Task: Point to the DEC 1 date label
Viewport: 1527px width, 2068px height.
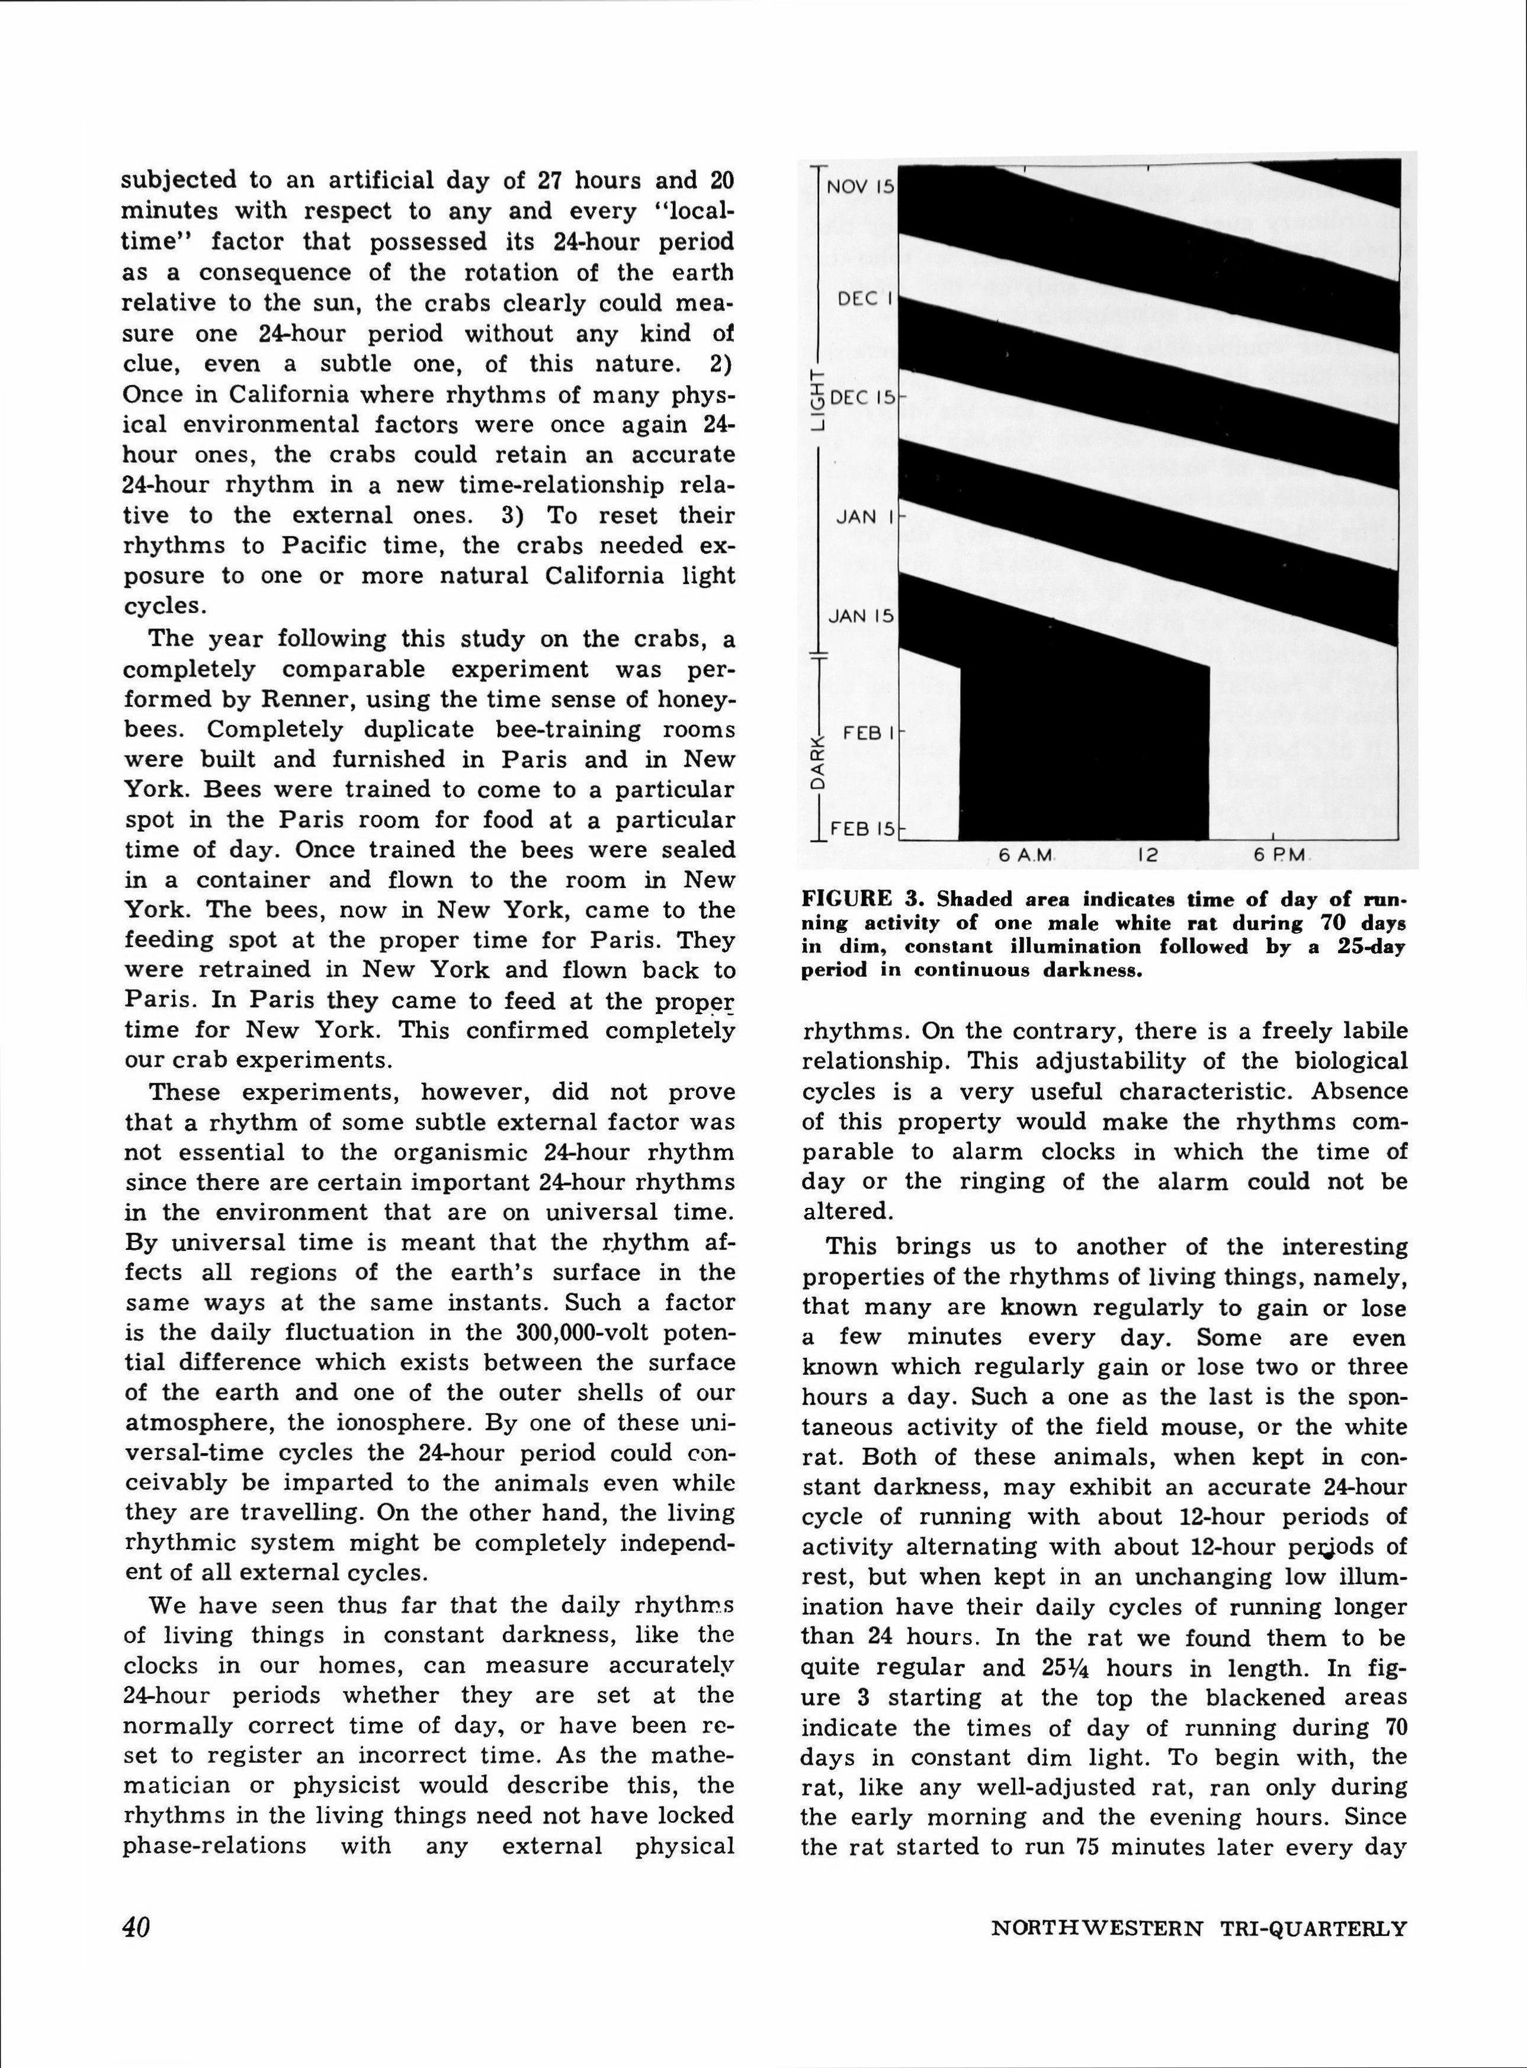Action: click(864, 300)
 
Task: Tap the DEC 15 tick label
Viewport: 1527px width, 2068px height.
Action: click(862, 399)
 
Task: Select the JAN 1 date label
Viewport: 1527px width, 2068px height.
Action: click(864, 517)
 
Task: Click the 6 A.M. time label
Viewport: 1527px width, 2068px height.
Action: click(1026, 856)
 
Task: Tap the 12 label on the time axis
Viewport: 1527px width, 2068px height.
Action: click(1147, 856)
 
